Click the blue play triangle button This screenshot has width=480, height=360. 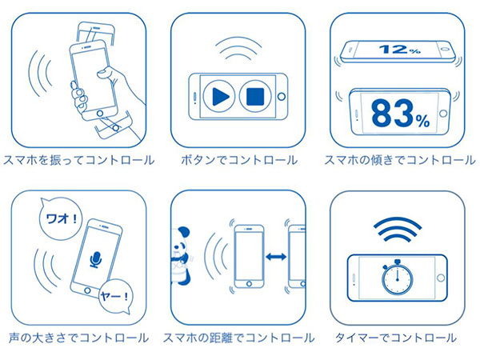point(219,97)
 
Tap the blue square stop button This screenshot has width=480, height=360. point(255,97)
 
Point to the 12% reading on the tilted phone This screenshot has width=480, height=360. point(399,49)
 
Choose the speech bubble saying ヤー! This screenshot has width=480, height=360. point(115,296)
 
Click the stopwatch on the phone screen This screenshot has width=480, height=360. point(397,278)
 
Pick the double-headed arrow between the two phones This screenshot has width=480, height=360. point(276,257)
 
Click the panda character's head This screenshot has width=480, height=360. point(180,238)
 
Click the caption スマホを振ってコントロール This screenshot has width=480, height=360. point(79,160)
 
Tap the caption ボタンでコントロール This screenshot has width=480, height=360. point(239,160)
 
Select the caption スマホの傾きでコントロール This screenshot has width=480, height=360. point(400,160)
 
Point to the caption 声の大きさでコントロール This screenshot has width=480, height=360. point(78,338)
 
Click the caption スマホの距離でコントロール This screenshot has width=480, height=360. point(238,338)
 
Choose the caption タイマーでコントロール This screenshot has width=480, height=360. point(396,338)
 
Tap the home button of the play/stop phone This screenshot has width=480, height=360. point(282,97)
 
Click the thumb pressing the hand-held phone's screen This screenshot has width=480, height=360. point(103,73)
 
